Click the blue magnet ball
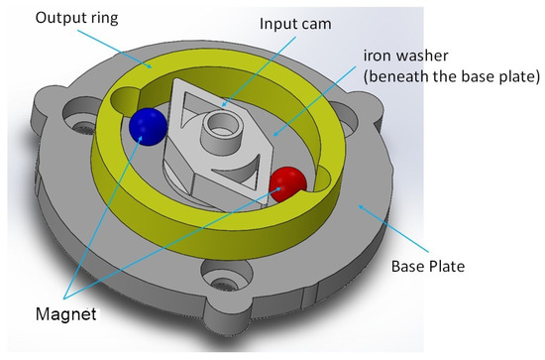(148, 126)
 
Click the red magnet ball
(288, 184)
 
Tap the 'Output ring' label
(77, 18)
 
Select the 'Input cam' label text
(295, 24)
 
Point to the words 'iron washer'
(405, 56)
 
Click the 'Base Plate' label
(428, 266)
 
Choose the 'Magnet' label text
(66, 314)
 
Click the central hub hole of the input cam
(220, 124)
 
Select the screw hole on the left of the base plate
(79, 118)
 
